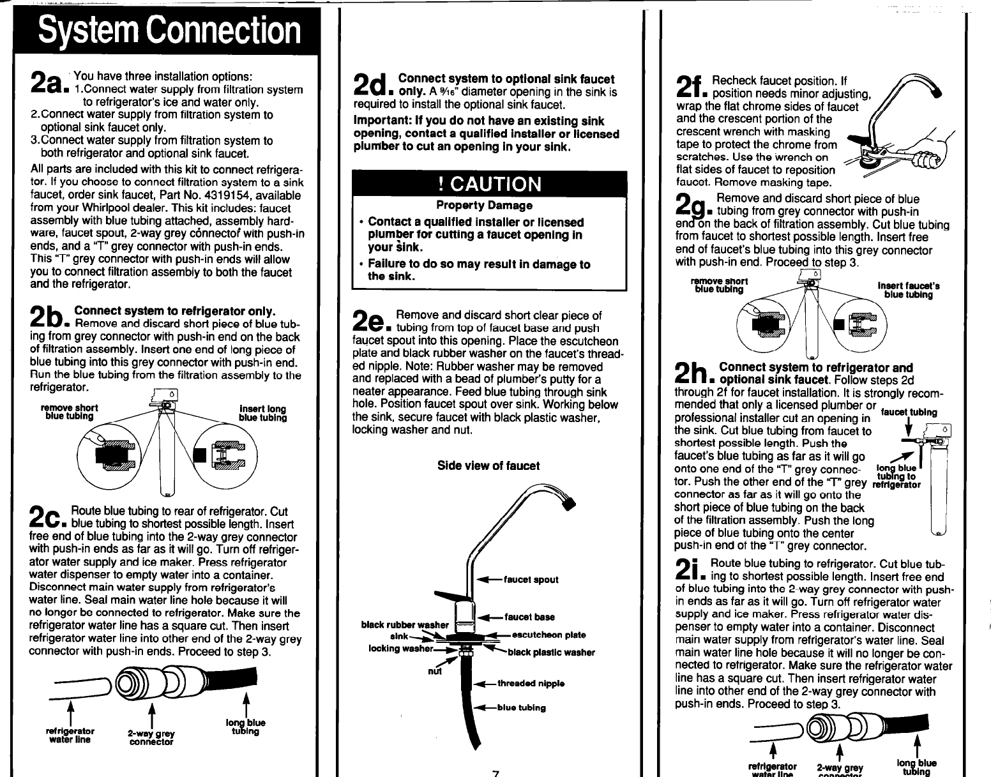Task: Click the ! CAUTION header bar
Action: point(490,184)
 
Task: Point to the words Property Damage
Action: point(484,206)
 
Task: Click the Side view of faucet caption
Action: point(488,465)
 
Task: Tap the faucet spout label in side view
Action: point(531,580)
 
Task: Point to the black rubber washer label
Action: point(405,624)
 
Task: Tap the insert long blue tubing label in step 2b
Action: point(262,413)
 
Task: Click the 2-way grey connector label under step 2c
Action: point(151,737)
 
